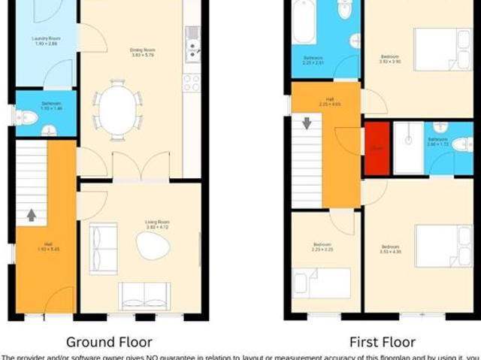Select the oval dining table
click(x=117, y=110)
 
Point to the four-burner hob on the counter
click(x=192, y=81)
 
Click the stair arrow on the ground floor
click(x=31, y=216)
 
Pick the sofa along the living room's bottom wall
click(x=144, y=295)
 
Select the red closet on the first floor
click(x=376, y=148)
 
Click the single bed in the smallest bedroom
click(x=322, y=283)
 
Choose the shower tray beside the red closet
click(x=408, y=147)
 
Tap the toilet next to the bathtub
click(x=345, y=9)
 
